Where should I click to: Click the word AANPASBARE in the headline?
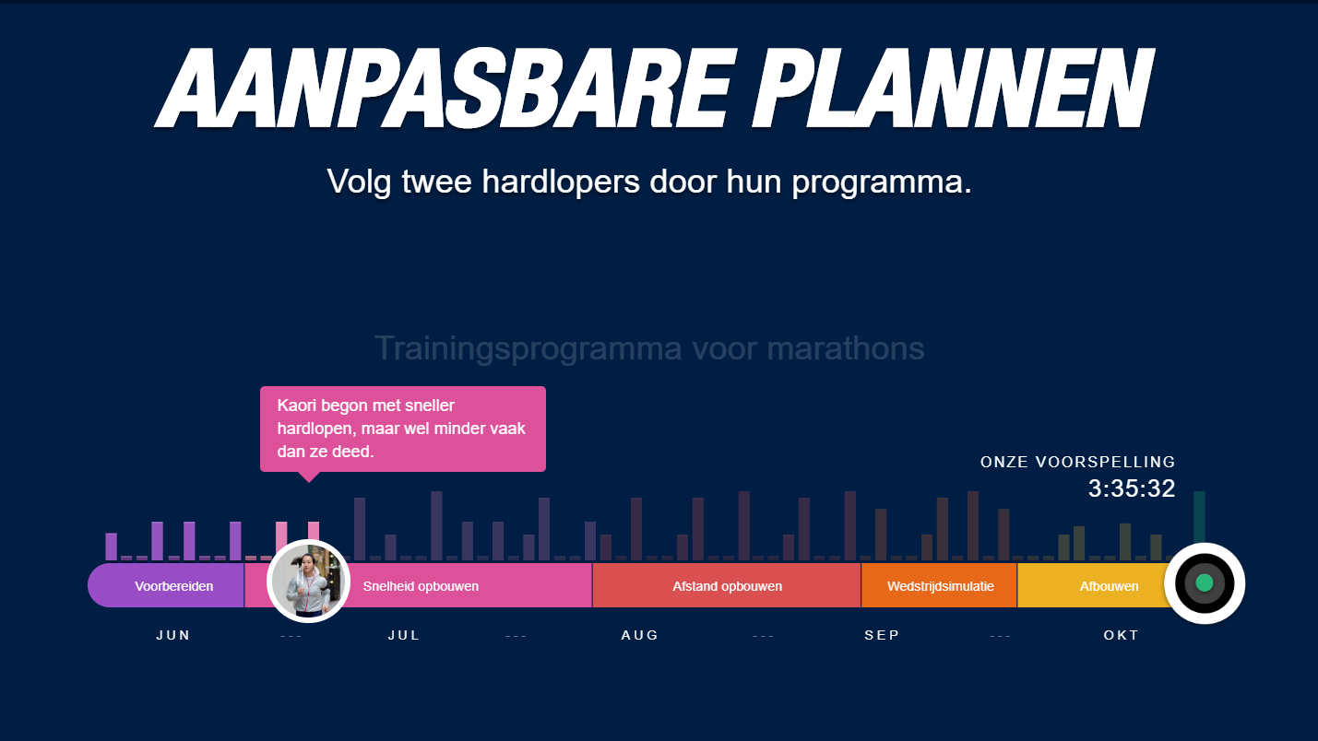445,88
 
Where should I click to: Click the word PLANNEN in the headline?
953,88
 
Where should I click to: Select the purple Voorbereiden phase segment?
166,586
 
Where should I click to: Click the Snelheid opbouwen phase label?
421,586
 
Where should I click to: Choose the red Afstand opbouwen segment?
727,586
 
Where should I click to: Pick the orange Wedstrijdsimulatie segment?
940,586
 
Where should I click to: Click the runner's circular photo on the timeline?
308,582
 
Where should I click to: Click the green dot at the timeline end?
1205,582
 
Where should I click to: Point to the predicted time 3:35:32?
1132,488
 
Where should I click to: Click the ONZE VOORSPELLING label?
1078,463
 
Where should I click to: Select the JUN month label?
173,635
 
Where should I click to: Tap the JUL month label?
404,635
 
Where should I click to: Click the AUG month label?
640,635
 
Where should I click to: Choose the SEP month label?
882,635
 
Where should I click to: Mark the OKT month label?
1122,635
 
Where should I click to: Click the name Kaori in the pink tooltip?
296,406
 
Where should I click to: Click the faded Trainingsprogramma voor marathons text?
649,348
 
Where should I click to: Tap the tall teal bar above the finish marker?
1199,518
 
